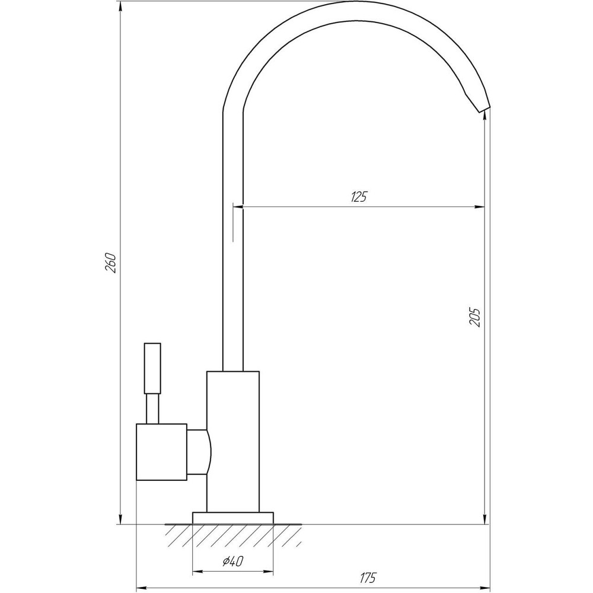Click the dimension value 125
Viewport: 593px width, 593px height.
click(359, 197)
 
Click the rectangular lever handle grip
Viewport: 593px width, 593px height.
click(153, 368)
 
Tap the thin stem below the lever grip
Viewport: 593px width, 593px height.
click(153, 409)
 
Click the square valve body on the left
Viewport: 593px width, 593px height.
click(161, 452)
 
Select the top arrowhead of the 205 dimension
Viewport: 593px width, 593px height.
click(486, 117)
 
